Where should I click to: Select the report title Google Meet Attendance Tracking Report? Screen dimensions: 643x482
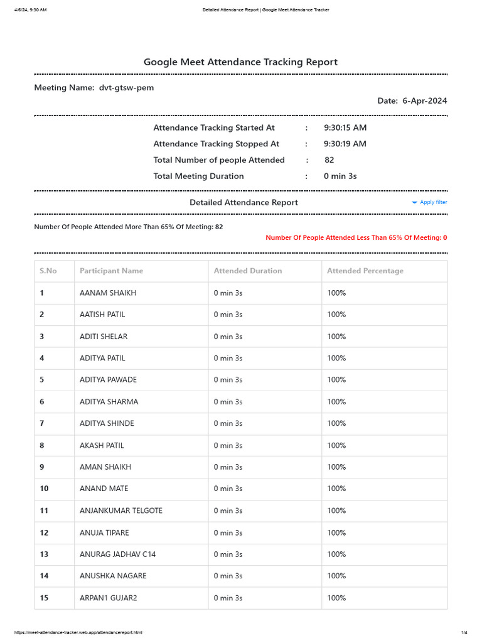pyautogui.click(x=240, y=62)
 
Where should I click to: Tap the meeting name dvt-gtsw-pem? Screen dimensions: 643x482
pyautogui.click(x=126, y=88)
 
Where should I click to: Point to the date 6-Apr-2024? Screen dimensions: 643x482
pyautogui.click(x=425, y=101)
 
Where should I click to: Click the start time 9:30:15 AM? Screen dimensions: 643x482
pyautogui.click(x=345, y=127)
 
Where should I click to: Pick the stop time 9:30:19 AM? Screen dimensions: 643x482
pyautogui.click(x=345, y=144)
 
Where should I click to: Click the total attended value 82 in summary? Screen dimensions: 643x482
pyautogui.click(x=329, y=160)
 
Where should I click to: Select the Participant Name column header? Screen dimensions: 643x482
pyautogui.click(x=111, y=271)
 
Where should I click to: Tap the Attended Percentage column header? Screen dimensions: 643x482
pyautogui.click(x=365, y=271)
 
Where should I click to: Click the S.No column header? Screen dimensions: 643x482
pyautogui.click(x=48, y=271)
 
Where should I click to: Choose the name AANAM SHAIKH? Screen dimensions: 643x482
pyautogui.click(x=108, y=293)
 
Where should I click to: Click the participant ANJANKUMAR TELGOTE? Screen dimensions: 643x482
pyautogui.click(x=121, y=511)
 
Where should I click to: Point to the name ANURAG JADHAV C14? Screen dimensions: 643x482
pyautogui.click(x=118, y=554)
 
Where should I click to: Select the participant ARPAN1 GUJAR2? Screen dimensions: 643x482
pyautogui.click(x=109, y=598)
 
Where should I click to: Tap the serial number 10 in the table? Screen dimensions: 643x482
pyautogui.click(x=44, y=489)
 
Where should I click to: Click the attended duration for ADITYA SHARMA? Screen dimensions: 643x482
pyautogui.click(x=228, y=402)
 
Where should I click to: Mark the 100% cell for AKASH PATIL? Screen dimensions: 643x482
pyautogui.click(x=336, y=445)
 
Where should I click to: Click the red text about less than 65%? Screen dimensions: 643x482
pyautogui.click(x=356, y=238)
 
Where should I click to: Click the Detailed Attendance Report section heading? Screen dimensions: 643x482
pyautogui.click(x=244, y=202)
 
